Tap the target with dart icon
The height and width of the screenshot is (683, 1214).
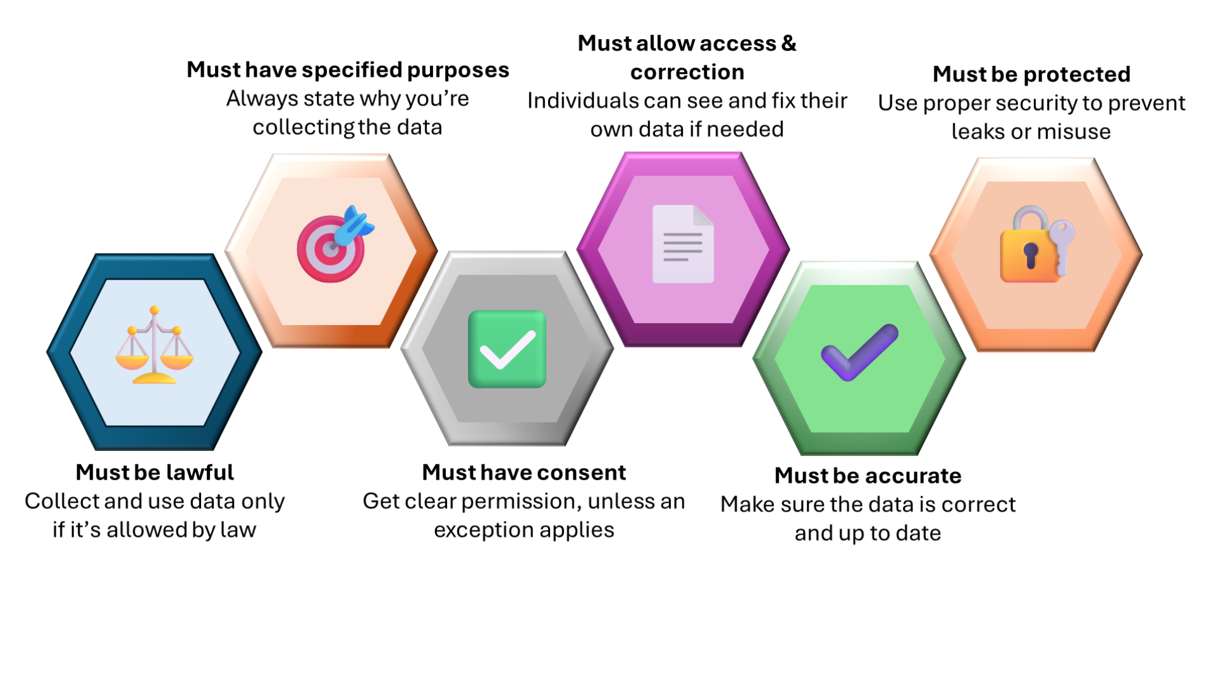coord(333,245)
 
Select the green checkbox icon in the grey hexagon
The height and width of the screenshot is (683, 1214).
coord(507,349)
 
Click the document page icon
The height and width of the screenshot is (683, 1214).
coord(683,244)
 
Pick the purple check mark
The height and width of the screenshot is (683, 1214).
coord(859,352)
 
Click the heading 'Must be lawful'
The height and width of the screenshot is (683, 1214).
coord(154,472)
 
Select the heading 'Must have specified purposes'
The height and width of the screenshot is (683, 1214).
coord(348,70)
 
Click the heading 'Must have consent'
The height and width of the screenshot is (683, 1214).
coord(524,472)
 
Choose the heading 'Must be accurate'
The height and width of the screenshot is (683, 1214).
coord(868,476)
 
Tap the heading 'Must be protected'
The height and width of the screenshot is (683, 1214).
coord(1031,74)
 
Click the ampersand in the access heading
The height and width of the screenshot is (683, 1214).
coord(788,43)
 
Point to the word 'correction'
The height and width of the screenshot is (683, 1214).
coord(687,72)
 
